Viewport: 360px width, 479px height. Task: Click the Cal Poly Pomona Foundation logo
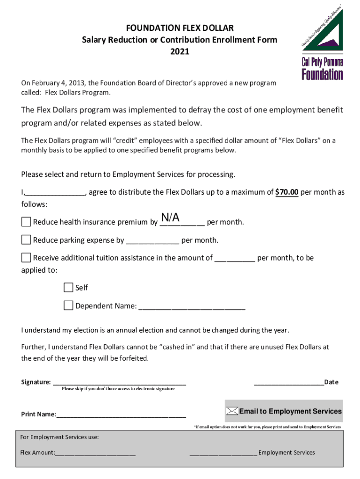[322, 45]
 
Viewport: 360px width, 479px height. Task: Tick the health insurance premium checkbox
[26, 221]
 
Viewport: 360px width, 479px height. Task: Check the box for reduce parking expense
[26, 240]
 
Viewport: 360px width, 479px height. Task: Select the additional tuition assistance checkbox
[26, 257]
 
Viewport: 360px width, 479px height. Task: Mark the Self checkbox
[68, 287]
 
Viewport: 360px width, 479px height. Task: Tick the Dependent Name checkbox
[68, 306]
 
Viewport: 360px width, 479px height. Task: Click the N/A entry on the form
[170, 218]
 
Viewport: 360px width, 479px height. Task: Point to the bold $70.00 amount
[287, 192]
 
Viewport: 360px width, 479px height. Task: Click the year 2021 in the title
[180, 51]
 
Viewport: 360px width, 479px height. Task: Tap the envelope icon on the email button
[232, 411]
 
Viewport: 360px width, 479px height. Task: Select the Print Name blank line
[121, 414]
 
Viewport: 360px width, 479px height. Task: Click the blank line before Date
[288, 382]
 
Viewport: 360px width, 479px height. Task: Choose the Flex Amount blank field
[95, 453]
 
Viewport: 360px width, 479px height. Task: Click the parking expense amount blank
[152, 241]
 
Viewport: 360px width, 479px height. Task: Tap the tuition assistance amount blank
[235, 258]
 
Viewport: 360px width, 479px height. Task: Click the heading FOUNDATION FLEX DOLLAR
[180, 29]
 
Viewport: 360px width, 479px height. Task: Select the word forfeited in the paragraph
[133, 358]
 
